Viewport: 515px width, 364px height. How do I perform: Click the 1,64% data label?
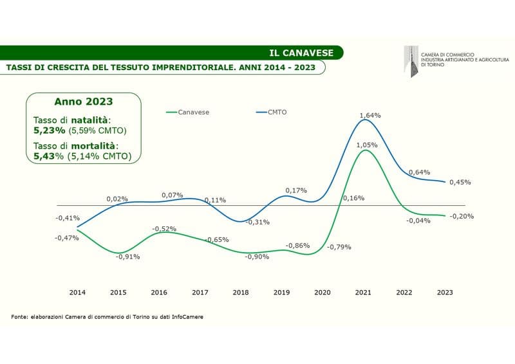(x=370, y=115)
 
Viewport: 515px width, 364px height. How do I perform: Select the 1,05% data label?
(x=366, y=145)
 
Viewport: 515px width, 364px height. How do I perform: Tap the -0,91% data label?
(x=127, y=257)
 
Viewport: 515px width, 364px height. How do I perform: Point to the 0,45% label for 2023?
(x=460, y=181)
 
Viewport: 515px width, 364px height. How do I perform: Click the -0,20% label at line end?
(x=462, y=216)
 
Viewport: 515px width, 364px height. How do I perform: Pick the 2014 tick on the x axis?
(x=77, y=292)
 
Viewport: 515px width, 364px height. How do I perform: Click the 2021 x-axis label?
(x=363, y=292)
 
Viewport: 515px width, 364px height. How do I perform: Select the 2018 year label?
(x=240, y=292)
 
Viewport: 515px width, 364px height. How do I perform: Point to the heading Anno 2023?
(x=83, y=102)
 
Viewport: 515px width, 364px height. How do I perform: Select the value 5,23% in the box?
(x=50, y=130)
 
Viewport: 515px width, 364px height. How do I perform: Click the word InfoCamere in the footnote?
(x=187, y=316)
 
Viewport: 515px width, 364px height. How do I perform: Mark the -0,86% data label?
(x=298, y=246)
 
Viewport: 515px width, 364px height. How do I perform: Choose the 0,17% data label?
(x=296, y=190)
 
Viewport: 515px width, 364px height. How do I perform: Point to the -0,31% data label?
(x=257, y=222)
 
